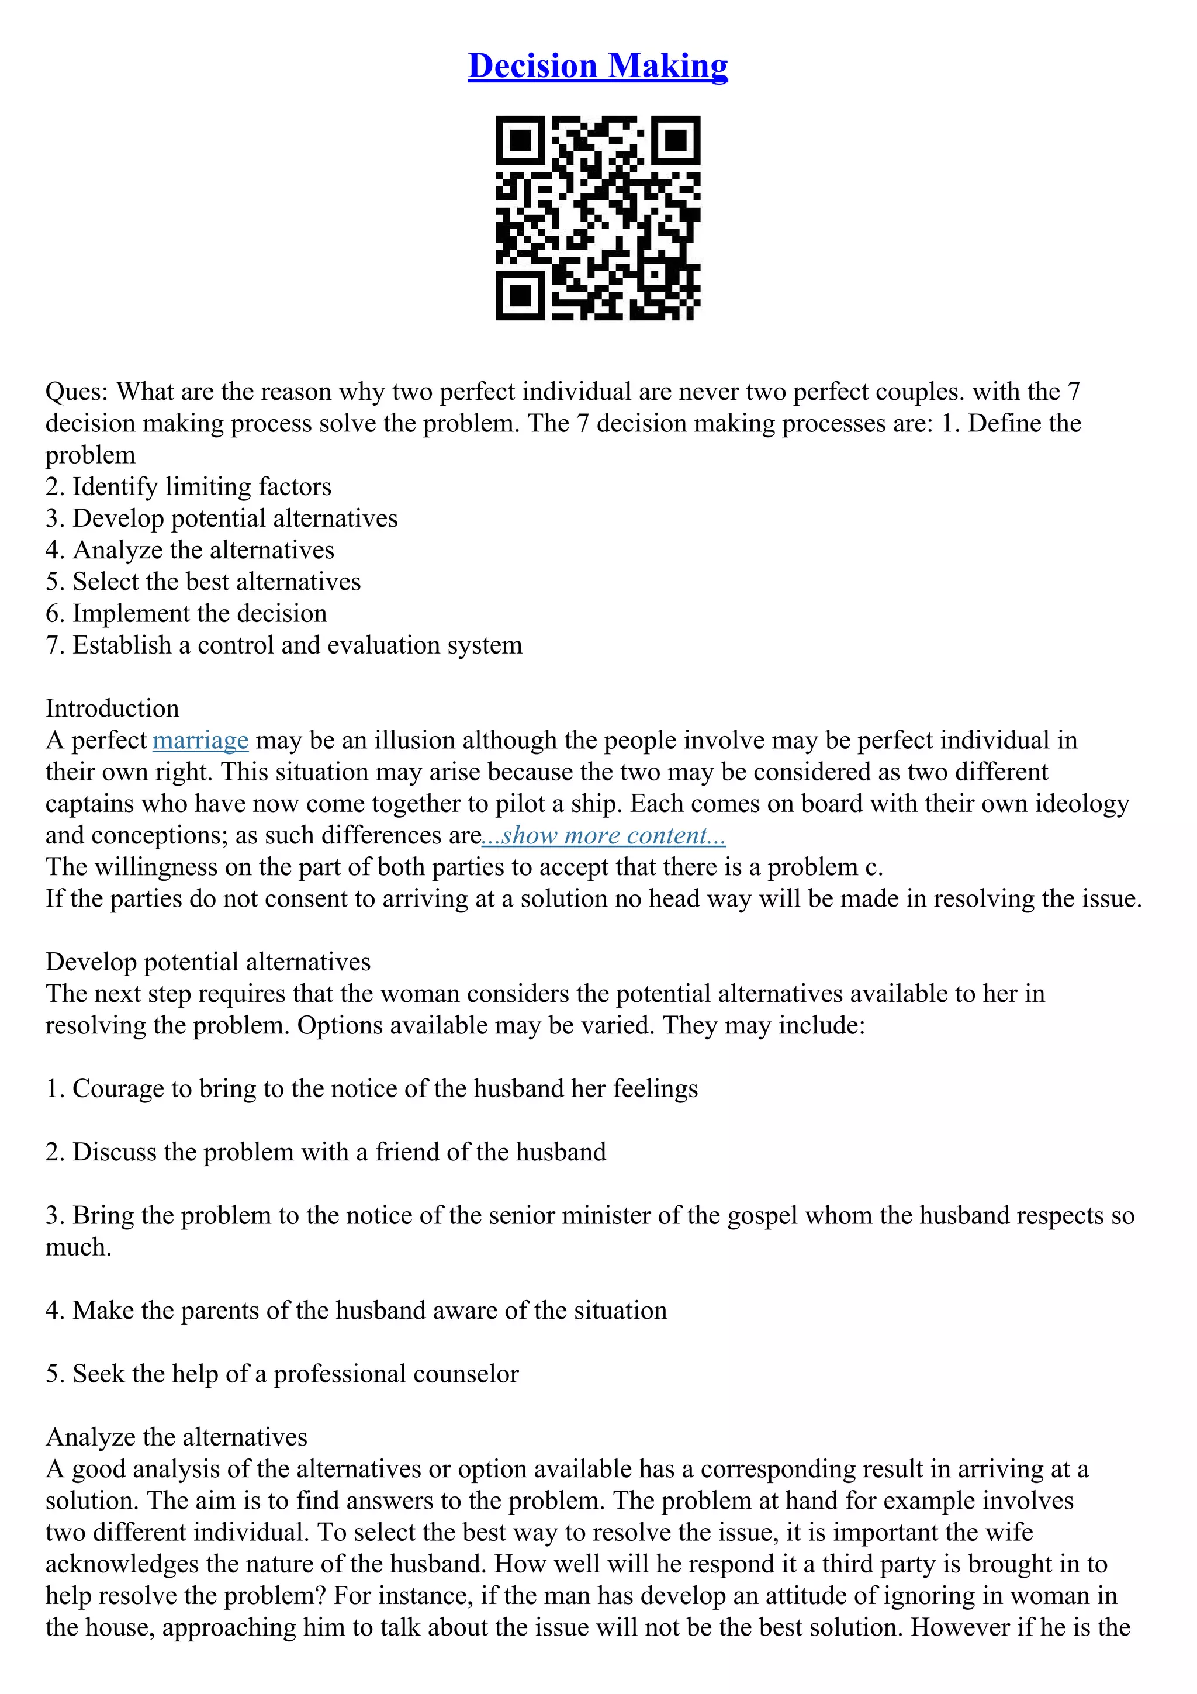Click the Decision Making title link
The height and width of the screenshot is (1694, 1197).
coord(597,65)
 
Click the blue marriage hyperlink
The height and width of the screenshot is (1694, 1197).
coord(200,740)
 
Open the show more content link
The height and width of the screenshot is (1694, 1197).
coord(603,835)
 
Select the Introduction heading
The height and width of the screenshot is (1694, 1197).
coord(112,708)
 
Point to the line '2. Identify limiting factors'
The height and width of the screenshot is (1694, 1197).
coord(188,487)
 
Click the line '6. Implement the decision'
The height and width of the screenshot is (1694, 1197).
coord(186,613)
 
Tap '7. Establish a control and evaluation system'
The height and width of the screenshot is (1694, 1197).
coord(284,645)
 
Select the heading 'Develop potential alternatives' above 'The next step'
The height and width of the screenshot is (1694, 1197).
coord(208,962)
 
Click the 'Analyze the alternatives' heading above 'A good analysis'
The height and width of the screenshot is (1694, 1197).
coord(177,1437)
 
